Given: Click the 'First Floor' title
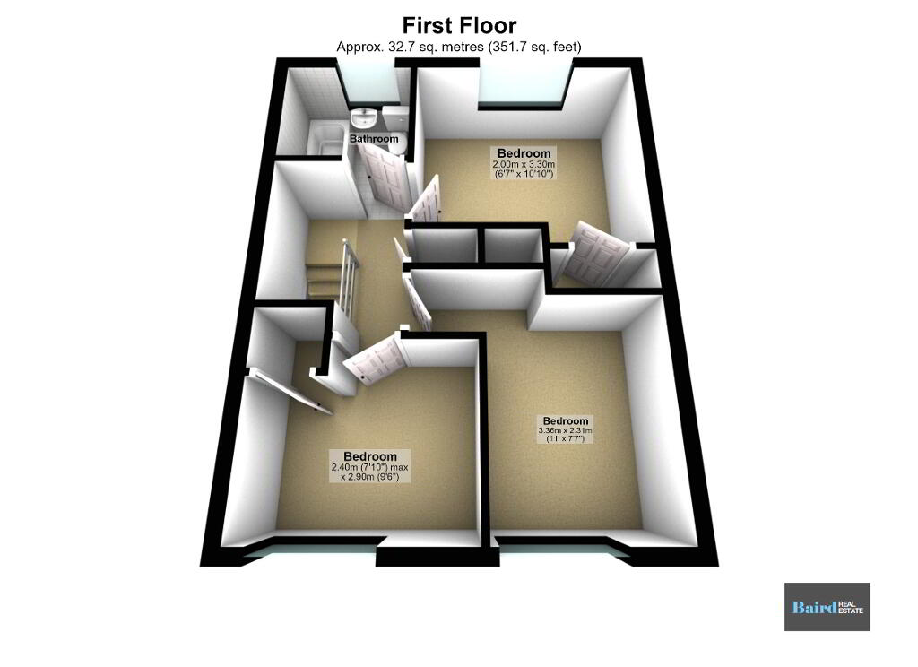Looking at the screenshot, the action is (x=459, y=26).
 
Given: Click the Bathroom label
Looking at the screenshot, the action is (x=374, y=139).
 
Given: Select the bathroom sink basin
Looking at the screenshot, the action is (x=364, y=119).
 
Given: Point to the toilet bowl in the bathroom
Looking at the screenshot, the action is (x=396, y=146).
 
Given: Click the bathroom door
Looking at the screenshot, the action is (x=382, y=175).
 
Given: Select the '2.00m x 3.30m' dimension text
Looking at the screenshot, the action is (x=524, y=165).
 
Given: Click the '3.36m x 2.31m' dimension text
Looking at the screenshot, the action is (x=565, y=430).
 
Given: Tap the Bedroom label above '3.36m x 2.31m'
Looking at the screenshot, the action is (x=565, y=421).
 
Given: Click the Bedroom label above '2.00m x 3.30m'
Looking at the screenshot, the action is (x=524, y=153).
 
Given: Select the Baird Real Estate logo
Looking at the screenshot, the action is (x=827, y=607).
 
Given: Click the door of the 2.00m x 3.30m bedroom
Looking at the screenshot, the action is (x=427, y=201).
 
